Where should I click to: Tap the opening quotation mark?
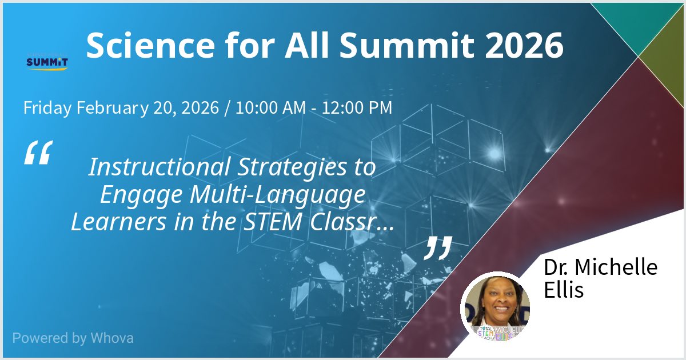coord(38,153)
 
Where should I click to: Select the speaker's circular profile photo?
coord(496,306)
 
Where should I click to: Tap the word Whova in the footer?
coord(112,338)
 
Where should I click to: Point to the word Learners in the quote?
coord(117,222)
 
